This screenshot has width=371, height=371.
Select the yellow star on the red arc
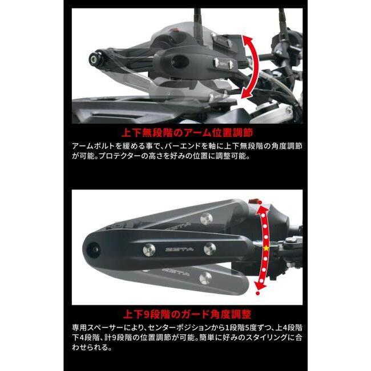coord(265,247)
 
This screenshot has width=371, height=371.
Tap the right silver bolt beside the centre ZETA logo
coord(209,248)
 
